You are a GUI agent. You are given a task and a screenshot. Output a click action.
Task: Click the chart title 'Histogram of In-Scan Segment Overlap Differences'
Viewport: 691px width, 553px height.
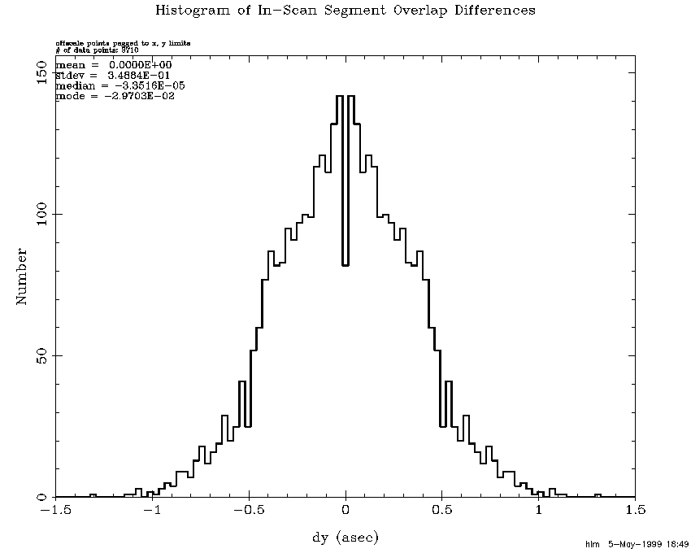(345, 11)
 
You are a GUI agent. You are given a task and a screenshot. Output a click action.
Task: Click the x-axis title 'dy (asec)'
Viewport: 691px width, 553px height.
(345, 538)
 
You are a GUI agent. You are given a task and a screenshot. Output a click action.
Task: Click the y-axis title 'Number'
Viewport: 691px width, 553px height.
(22, 276)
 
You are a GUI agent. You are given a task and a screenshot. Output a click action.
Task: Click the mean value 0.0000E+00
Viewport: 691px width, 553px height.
(141, 64)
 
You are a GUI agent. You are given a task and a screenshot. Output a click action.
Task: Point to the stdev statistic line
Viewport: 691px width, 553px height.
(113, 75)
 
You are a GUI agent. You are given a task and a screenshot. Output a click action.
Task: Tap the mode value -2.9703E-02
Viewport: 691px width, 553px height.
(141, 96)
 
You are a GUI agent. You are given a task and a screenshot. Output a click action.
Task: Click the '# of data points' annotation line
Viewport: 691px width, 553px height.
(98, 50)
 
